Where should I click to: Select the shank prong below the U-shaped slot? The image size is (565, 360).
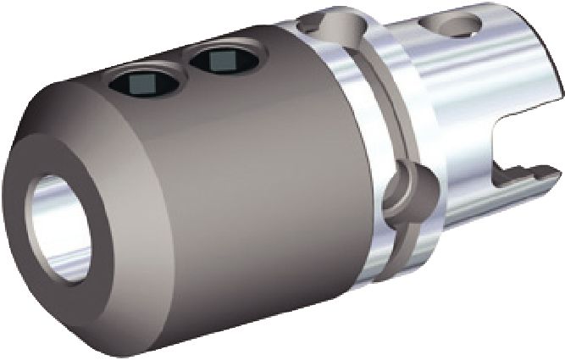(x=491, y=191)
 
